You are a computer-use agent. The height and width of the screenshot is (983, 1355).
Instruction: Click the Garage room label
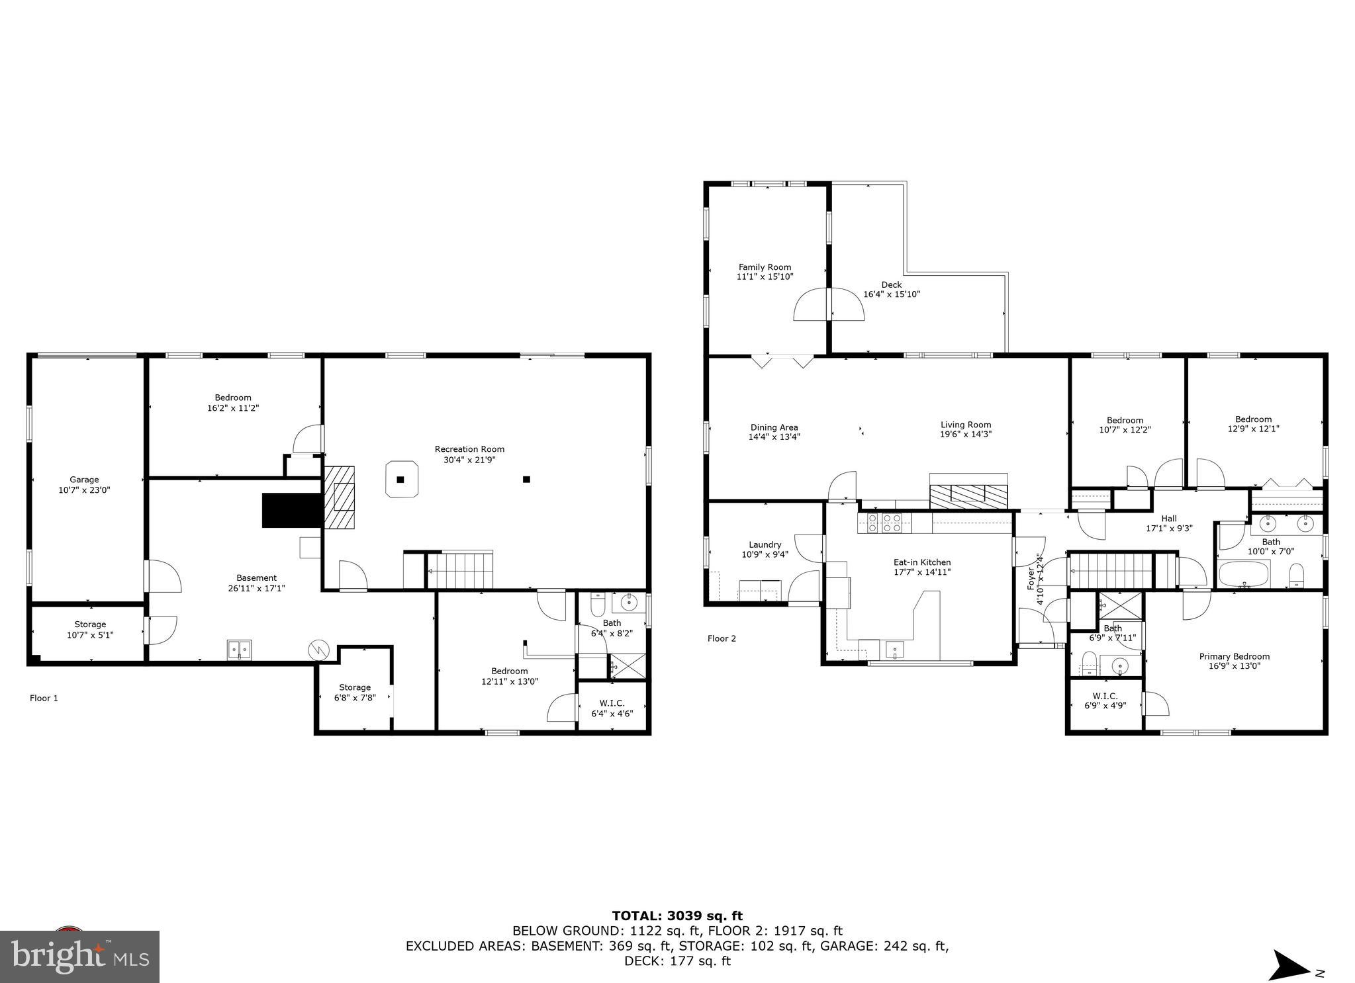pyautogui.click(x=84, y=480)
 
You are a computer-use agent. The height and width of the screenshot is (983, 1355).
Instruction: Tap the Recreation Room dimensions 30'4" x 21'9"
pyautogui.click(x=469, y=459)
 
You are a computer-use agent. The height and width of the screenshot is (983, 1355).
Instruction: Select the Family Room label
pyautogui.click(x=765, y=267)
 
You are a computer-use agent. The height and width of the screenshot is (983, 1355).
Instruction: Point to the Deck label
pyautogui.click(x=891, y=284)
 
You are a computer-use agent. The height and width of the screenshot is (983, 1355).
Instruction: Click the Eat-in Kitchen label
pyautogui.click(x=921, y=562)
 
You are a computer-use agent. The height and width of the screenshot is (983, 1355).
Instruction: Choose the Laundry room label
pyautogui.click(x=765, y=545)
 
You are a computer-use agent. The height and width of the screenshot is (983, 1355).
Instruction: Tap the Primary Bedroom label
pyautogui.click(x=1234, y=656)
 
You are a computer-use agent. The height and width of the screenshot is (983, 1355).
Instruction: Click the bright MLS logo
pyautogui.click(x=79, y=956)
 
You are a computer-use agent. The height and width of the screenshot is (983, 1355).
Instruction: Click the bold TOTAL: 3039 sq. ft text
pyautogui.click(x=677, y=916)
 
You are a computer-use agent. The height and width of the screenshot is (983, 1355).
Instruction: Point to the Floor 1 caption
pyautogui.click(x=44, y=698)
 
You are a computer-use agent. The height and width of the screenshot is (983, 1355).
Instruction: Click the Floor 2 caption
pyautogui.click(x=721, y=638)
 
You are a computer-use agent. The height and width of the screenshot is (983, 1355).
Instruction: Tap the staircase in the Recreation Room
pyautogui.click(x=461, y=571)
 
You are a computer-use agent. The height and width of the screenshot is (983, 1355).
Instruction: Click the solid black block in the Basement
pyautogui.click(x=291, y=510)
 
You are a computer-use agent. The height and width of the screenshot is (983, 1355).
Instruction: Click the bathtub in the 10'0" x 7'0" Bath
pyautogui.click(x=1244, y=574)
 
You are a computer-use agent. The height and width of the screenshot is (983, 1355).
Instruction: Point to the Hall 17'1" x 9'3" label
pyautogui.click(x=1169, y=519)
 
